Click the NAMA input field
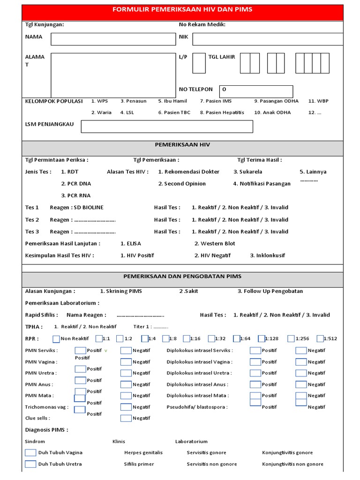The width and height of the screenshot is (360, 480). (x=111, y=39)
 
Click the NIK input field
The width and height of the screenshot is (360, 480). (x=267, y=39)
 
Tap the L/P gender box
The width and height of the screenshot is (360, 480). (x=199, y=63)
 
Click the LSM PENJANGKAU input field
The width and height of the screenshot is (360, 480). (x=167, y=127)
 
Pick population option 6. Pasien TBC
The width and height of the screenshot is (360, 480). (x=174, y=112)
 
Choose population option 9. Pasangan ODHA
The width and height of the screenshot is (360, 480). (x=276, y=101)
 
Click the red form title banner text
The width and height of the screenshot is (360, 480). (x=182, y=9)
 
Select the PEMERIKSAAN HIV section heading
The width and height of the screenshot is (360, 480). (x=182, y=145)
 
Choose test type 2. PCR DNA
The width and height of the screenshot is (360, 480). (x=76, y=184)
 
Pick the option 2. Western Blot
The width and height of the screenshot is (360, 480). (x=215, y=243)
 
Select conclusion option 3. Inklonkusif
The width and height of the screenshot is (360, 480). (x=267, y=255)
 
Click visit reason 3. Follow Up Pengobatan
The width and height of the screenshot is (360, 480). (x=270, y=291)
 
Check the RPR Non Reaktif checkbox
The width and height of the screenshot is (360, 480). (x=56, y=339)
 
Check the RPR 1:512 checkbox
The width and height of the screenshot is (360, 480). (x=320, y=339)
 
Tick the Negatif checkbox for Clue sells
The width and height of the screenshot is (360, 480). (x=126, y=418)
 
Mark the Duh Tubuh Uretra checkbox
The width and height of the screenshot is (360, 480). (x=30, y=464)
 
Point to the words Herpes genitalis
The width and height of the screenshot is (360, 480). (x=143, y=453)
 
